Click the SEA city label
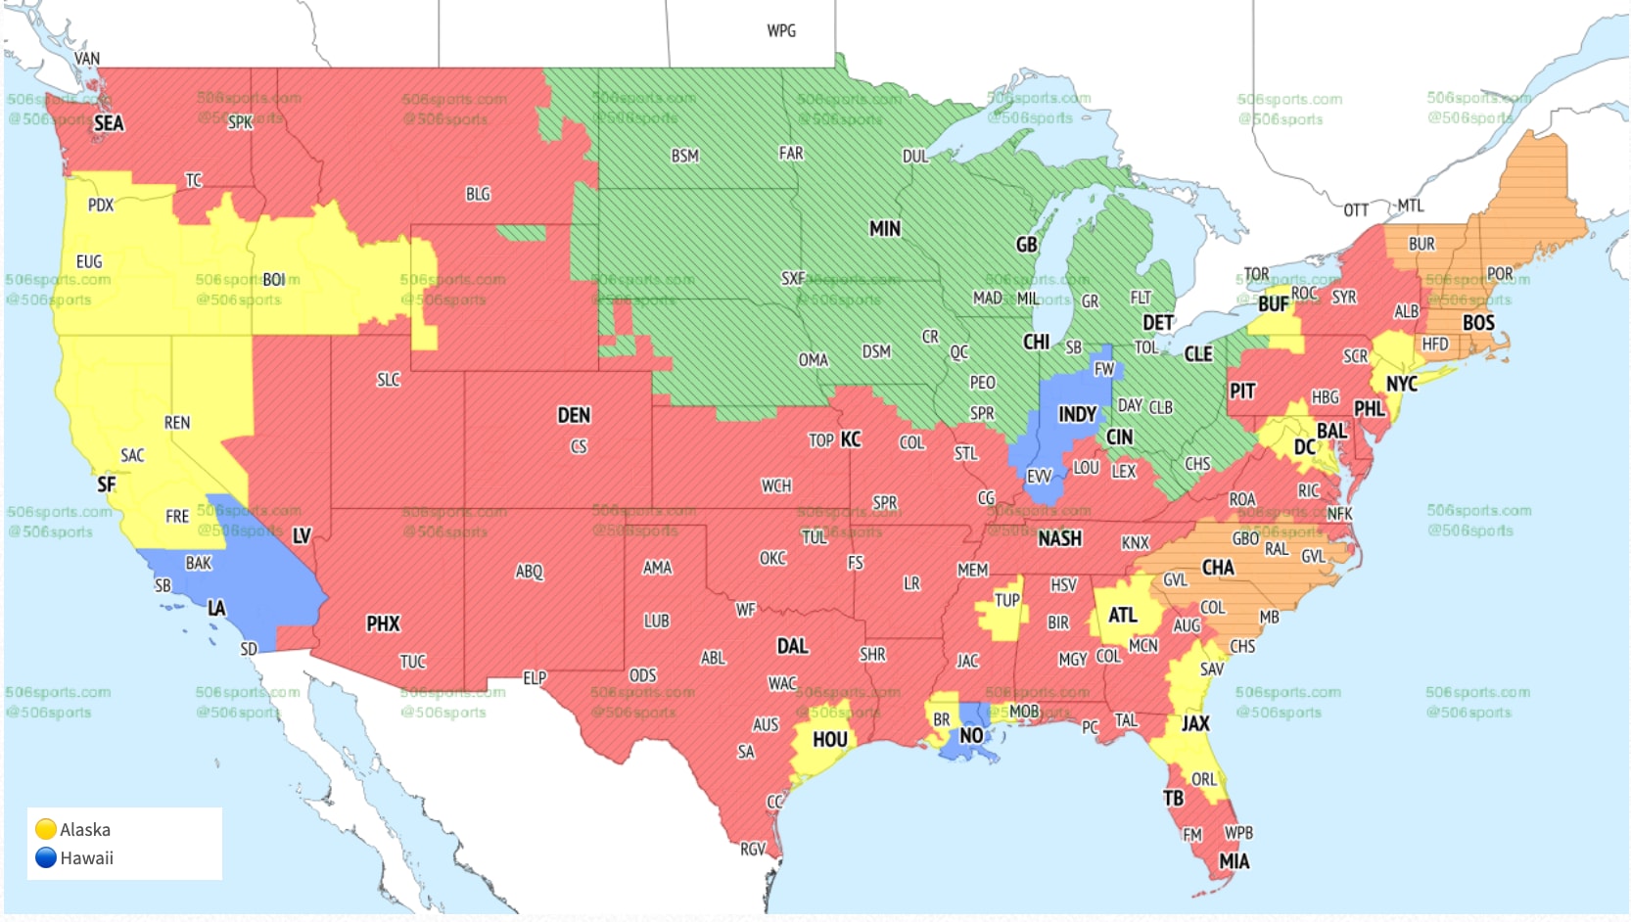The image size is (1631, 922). [109, 123]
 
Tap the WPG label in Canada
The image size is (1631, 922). [781, 31]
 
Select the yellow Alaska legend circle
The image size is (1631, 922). [45, 829]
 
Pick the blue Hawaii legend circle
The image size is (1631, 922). [45, 857]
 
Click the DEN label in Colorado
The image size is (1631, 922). [574, 415]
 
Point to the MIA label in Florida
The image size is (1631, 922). [1234, 861]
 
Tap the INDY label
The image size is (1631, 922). [1077, 414]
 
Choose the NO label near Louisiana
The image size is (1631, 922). [971, 735]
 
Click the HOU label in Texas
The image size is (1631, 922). [829, 740]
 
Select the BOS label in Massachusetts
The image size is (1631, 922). [1478, 323]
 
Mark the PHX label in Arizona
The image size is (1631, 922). [383, 623]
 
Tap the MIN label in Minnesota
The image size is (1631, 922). [884, 229]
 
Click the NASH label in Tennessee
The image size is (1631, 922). [1059, 538]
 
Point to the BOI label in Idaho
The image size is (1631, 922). [274, 280]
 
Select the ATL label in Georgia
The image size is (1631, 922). [1122, 616]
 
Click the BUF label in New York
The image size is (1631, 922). [1273, 304]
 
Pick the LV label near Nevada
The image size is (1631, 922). [302, 535]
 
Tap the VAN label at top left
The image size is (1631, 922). [87, 59]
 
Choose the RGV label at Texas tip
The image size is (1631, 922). [752, 850]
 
